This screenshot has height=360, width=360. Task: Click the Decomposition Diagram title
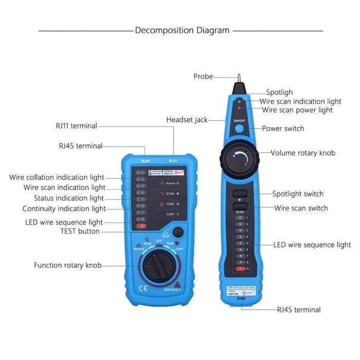point(182,30)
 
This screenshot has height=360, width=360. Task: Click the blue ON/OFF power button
point(240,128)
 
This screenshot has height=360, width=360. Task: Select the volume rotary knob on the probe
point(240,154)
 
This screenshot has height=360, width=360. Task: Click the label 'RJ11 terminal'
point(76,125)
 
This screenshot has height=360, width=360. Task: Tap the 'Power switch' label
point(283,129)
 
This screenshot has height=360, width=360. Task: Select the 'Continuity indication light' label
point(64,209)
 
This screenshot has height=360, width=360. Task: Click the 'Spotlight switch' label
point(298,194)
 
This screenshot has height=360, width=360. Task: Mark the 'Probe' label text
point(203,76)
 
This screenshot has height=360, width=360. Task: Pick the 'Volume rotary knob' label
point(302,153)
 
